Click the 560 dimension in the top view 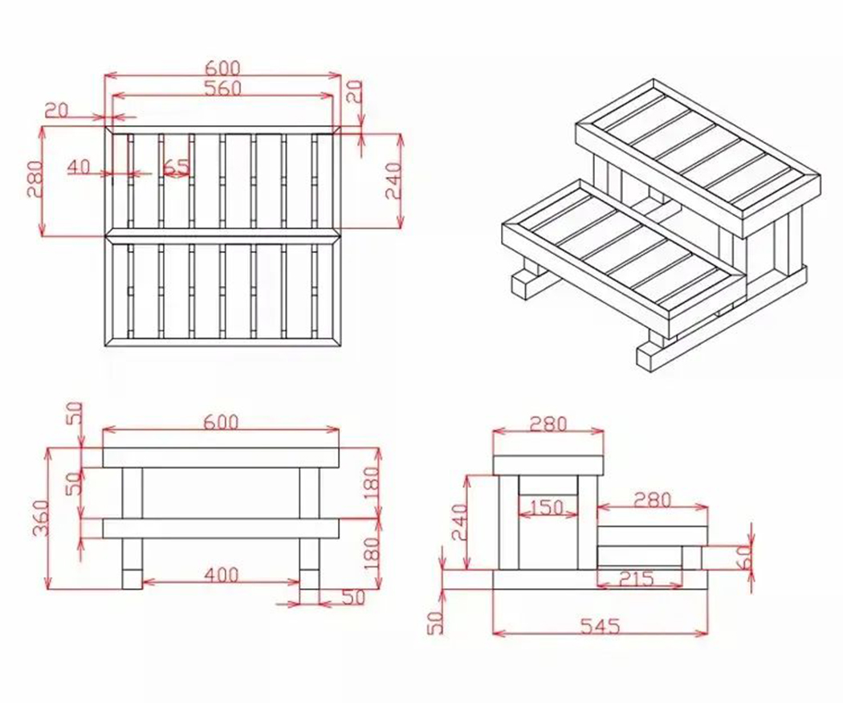point(222,88)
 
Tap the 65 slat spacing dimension point(176,167)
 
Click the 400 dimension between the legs point(221,575)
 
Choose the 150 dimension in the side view point(548,508)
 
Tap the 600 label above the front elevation point(221,423)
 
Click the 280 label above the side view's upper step point(548,423)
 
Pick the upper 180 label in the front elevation point(370,483)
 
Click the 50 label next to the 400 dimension point(353,597)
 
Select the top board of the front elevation point(221,457)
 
